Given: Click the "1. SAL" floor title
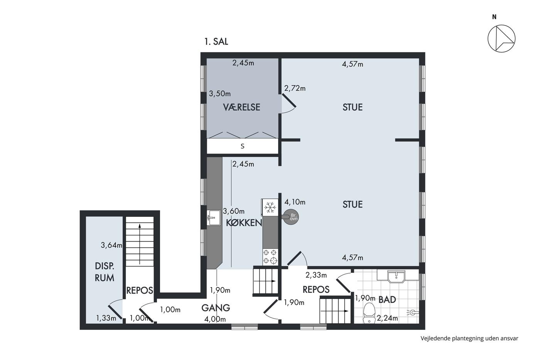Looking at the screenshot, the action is tap(216, 41).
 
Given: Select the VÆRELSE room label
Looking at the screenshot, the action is tap(241, 107).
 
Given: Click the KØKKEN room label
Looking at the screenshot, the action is tap(244, 223).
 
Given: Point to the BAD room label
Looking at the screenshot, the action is tap(387, 299).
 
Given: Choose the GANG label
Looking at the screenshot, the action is tap(216, 308).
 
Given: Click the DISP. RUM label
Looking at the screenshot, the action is tap(105, 272).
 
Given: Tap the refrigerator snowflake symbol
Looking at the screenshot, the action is tap(270, 207).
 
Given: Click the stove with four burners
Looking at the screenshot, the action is tap(270, 257).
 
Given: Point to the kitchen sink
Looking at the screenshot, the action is tap(214, 218).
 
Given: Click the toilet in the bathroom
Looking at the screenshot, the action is tap(369, 313).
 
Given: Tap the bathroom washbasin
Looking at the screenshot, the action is tap(396, 276).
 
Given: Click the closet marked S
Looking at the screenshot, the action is tap(243, 146).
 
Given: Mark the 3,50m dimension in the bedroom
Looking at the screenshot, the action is tap(219, 93).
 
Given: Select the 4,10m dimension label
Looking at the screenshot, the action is tap(295, 202).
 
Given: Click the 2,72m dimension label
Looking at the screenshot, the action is tap(295, 88).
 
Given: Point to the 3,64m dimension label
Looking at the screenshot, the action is tap(111, 245).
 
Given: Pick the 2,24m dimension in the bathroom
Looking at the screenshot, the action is tap(387, 318).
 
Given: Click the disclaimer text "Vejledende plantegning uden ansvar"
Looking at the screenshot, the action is tap(469, 338).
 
